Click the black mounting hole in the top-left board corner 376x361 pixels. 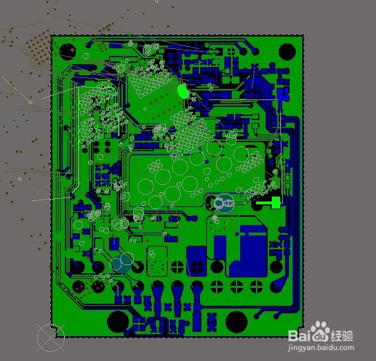68,52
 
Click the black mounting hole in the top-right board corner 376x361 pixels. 287,52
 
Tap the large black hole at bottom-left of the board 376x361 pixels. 118,322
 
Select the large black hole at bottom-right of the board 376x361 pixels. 237,322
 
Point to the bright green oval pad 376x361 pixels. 183,91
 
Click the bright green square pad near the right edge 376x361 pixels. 276,203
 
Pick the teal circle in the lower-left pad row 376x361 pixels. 121,264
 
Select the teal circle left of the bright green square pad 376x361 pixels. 224,204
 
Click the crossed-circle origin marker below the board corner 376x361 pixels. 50,338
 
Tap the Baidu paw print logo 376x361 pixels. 320,331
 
